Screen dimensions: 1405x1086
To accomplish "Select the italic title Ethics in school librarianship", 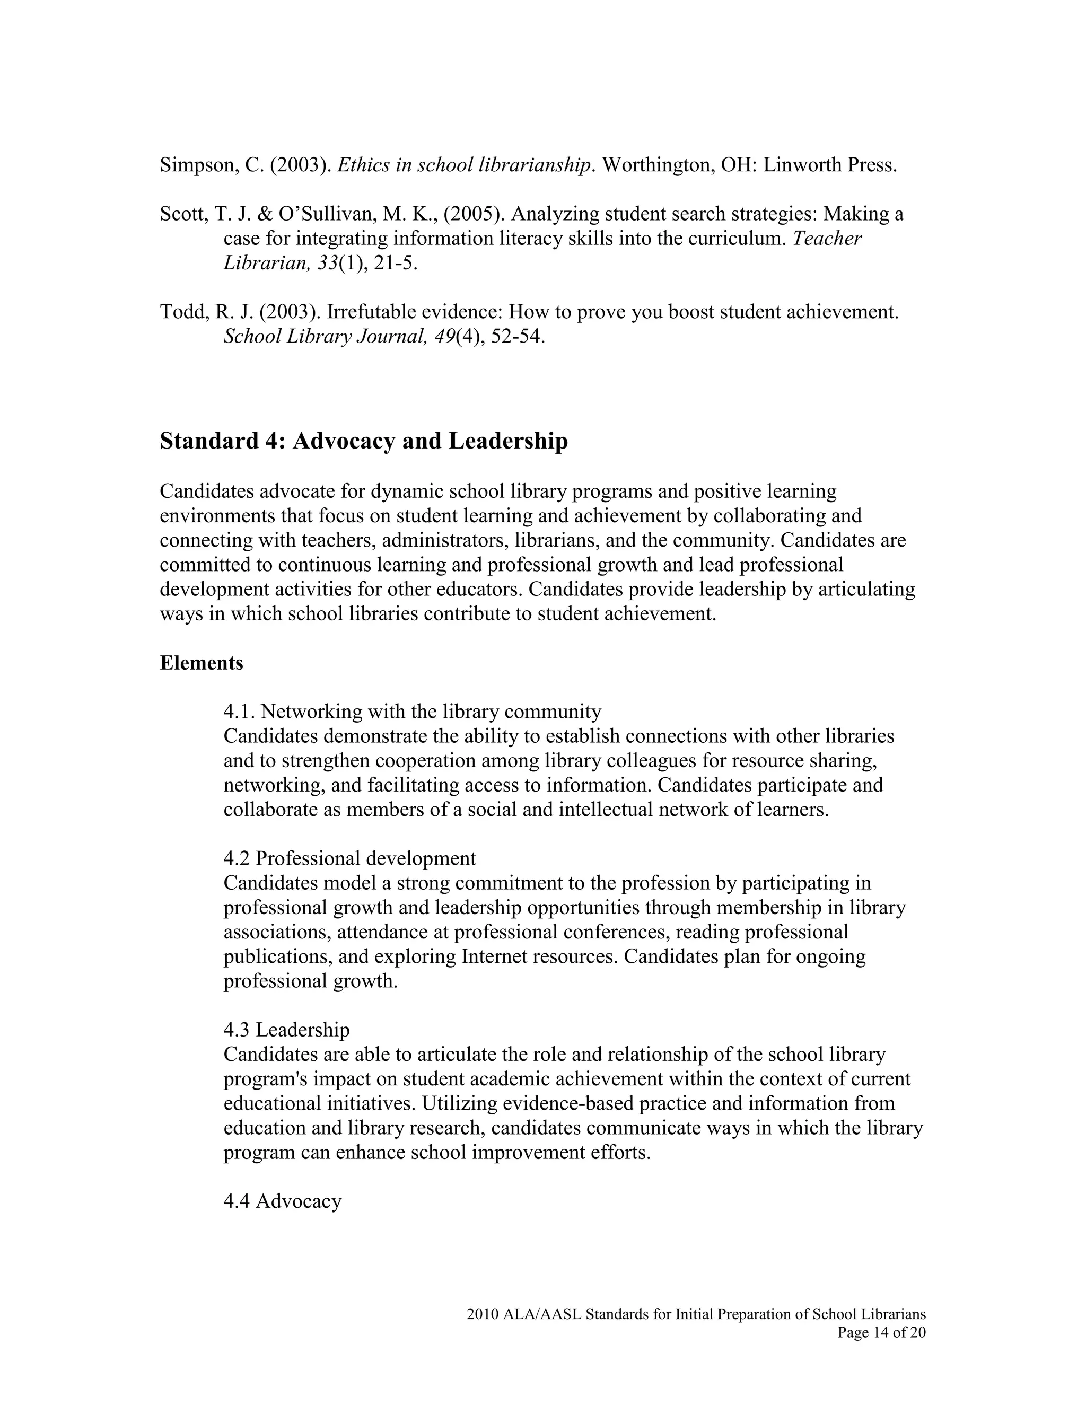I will click(x=463, y=165).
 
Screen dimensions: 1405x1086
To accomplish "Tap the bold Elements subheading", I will click(x=202, y=663).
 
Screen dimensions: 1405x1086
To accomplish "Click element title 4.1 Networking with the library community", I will click(x=413, y=712).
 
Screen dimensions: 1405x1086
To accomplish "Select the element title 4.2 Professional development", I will click(x=349, y=858).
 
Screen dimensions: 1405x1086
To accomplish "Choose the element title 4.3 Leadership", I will click(x=286, y=1030).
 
